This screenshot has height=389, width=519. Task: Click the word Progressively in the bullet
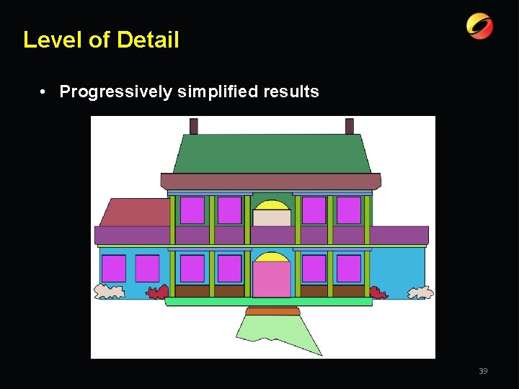click(x=115, y=91)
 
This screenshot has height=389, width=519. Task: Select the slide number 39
click(x=483, y=371)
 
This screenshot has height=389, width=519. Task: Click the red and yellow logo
click(x=479, y=27)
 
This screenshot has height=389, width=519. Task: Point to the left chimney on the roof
click(x=194, y=126)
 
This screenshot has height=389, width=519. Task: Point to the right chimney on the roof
click(x=350, y=126)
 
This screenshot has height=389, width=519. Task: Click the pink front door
click(x=272, y=280)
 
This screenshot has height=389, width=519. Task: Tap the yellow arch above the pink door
click(x=272, y=257)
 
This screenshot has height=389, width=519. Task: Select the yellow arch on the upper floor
click(x=272, y=205)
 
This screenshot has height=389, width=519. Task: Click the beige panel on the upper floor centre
click(x=272, y=218)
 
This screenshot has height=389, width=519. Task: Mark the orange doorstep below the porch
click(x=272, y=311)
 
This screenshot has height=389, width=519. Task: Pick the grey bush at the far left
click(x=110, y=291)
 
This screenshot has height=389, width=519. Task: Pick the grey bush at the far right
click(x=421, y=292)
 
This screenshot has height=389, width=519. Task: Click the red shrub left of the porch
click(x=158, y=292)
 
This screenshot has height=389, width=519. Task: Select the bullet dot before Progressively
click(x=45, y=91)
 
